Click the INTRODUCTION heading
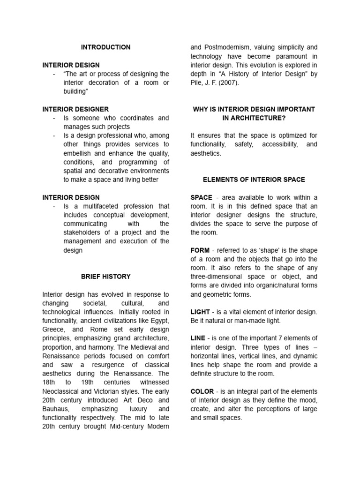(105, 47)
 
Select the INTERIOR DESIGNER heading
(75, 109)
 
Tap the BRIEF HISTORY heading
(105, 277)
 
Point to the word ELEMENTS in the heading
(219, 180)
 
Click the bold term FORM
(200, 250)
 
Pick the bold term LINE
(199, 338)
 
